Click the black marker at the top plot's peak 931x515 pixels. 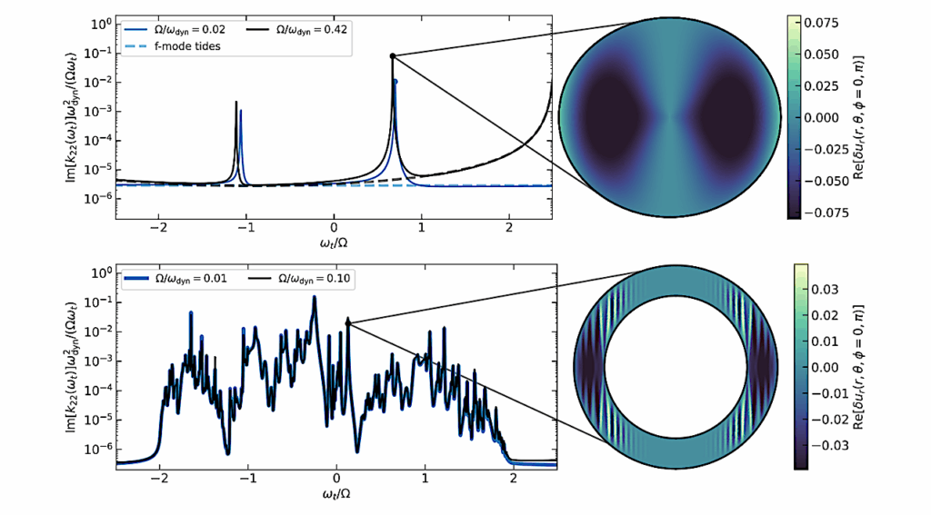(x=393, y=56)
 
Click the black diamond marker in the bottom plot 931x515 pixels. (x=348, y=322)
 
